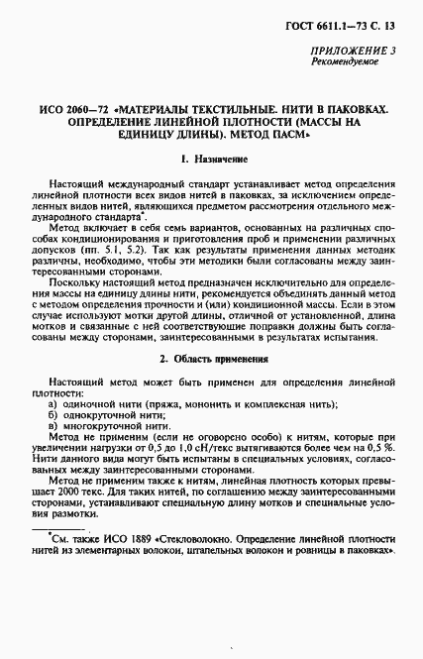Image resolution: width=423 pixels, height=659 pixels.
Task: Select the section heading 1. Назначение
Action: click(211, 159)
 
